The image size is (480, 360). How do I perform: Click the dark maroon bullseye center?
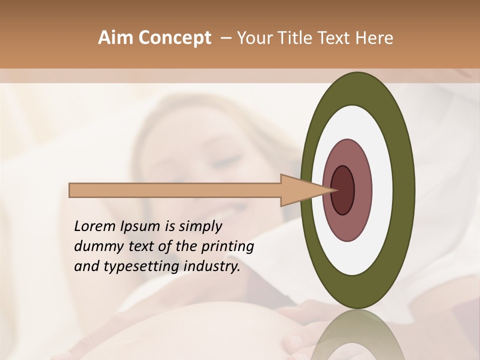pos(343,190)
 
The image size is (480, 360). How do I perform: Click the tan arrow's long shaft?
pos(175,190)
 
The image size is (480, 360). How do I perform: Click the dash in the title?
pos(226,38)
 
